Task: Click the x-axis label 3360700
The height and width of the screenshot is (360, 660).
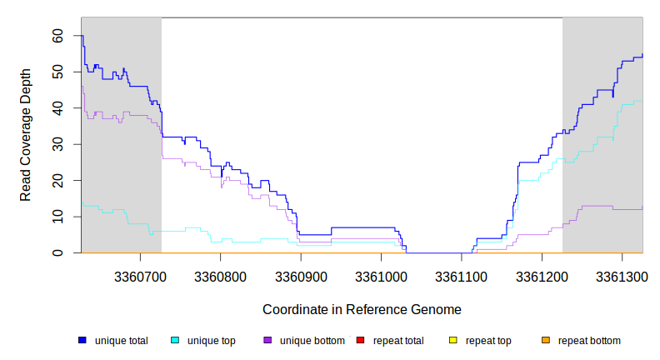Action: (138, 275)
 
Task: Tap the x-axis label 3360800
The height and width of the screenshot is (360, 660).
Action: (219, 275)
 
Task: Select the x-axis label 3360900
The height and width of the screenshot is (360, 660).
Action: (300, 275)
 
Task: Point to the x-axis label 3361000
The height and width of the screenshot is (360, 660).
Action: (381, 275)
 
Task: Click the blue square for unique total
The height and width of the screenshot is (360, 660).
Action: (82, 340)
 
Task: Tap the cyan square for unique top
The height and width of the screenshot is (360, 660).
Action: (175, 340)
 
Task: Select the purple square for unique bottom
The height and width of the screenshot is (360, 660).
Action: (267, 340)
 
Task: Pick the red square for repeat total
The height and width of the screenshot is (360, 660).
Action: (360, 340)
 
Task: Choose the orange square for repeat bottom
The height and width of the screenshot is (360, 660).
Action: (546, 340)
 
